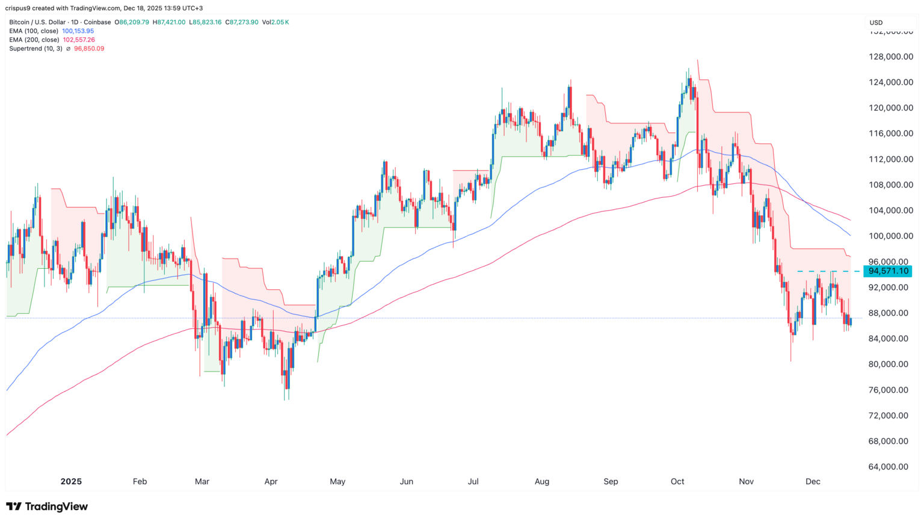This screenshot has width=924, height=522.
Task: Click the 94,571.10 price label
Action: (888, 271)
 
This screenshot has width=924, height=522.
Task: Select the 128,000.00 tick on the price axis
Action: (888, 57)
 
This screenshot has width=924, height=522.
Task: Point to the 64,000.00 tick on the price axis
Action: (888, 467)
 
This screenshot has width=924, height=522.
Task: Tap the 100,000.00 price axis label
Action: (888, 236)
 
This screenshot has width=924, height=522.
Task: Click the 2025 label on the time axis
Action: (71, 481)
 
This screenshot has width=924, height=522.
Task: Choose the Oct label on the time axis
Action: (677, 481)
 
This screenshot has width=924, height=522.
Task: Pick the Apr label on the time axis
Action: (271, 481)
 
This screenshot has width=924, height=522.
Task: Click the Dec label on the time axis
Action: (813, 481)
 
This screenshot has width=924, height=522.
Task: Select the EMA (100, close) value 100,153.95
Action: (78, 31)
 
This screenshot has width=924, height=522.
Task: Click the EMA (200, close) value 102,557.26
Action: (79, 40)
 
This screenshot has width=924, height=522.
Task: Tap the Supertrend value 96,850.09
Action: (89, 49)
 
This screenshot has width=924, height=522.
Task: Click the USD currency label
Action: (876, 23)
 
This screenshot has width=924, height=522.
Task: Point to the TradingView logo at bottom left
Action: (47, 506)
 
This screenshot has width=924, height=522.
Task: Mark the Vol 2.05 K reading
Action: (276, 22)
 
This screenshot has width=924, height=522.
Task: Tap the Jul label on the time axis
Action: (473, 481)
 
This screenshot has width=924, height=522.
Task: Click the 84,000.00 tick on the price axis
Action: (888, 339)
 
